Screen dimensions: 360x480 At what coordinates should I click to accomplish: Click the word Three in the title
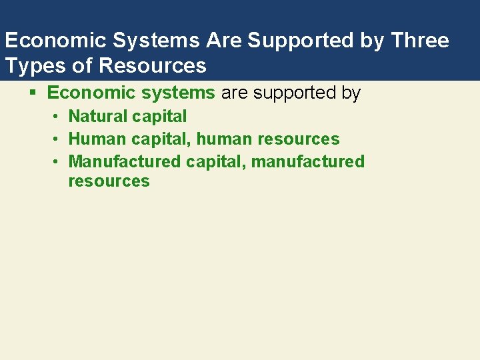[421, 41]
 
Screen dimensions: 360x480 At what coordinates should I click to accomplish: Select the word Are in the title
[225, 41]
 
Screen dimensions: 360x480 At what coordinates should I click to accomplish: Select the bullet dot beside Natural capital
[57, 117]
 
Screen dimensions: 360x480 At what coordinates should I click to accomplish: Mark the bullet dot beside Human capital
[57, 139]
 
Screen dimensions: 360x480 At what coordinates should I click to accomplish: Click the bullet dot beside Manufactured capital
[57, 162]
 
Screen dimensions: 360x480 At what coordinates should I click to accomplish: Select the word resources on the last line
[109, 181]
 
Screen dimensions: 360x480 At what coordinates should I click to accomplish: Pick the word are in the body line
[234, 93]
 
